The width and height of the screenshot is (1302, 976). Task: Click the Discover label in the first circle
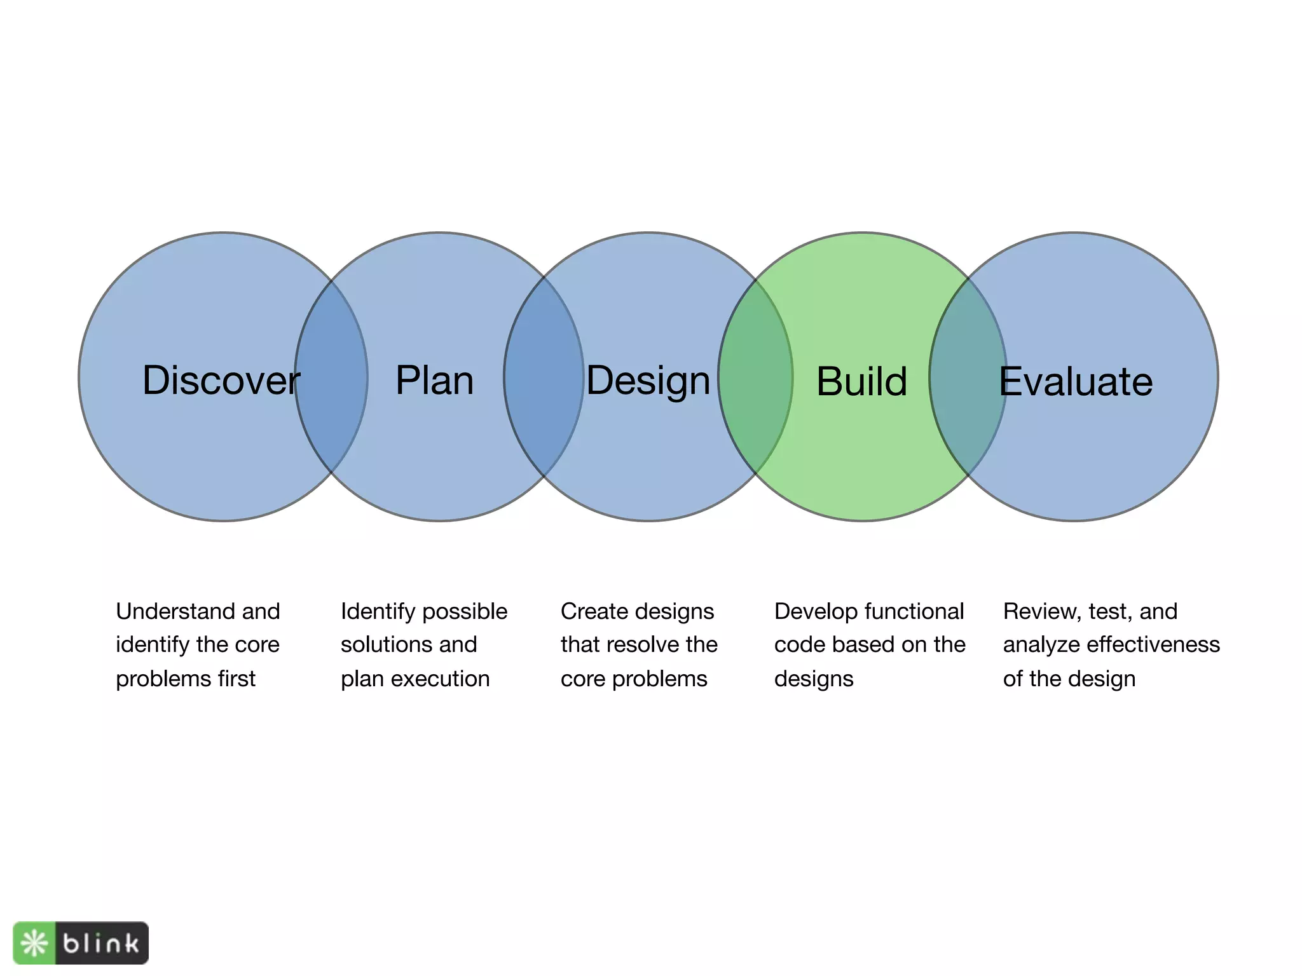click(x=221, y=380)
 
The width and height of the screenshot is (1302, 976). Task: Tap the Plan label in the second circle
click(x=434, y=380)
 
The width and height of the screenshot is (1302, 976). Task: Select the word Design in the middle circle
click(x=648, y=381)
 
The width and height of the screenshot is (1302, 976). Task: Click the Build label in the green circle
click(x=861, y=381)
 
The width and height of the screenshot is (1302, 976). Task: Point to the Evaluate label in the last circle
click(x=1076, y=381)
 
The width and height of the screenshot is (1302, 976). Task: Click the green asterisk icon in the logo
click(x=34, y=943)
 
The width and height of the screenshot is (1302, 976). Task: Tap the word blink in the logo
click(x=101, y=943)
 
